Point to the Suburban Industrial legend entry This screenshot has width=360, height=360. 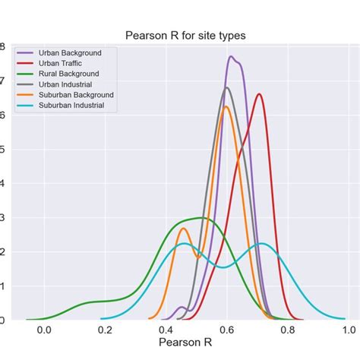pos(74,106)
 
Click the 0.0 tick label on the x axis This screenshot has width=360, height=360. pos(44,330)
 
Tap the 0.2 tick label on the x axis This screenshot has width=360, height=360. pos(105,330)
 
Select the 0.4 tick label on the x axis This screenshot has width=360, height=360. pos(166,330)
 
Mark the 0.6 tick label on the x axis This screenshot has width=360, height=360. pos(226,330)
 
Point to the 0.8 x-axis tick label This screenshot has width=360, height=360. pos(287,330)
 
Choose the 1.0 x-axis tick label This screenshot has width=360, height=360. pos(348,330)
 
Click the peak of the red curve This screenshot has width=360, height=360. pos(259,94)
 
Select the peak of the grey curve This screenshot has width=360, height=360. pos(226,87)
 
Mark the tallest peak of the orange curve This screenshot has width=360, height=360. pos(226,106)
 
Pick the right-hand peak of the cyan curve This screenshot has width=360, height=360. pos(261,243)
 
